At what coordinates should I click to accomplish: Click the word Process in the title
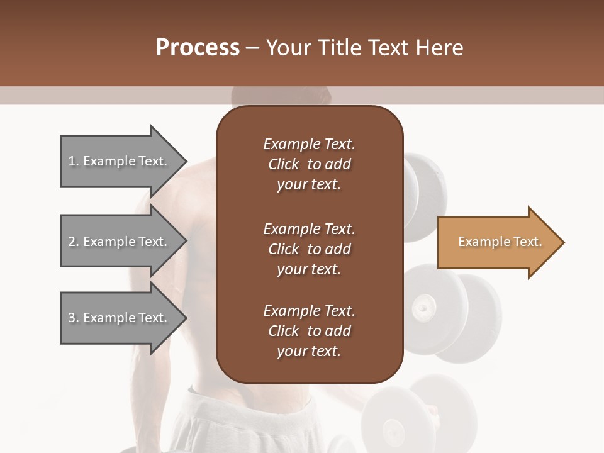pyautogui.click(x=198, y=48)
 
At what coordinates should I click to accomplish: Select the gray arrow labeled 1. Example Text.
pyautogui.click(x=120, y=161)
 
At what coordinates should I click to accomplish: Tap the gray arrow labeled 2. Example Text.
pyautogui.click(x=120, y=242)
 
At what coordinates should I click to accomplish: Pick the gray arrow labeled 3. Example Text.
pyautogui.click(x=120, y=318)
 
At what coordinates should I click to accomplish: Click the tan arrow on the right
pyautogui.click(x=497, y=242)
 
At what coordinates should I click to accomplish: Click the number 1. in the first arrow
pyautogui.click(x=73, y=161)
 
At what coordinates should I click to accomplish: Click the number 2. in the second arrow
pyautogui.click(x=73, y=242)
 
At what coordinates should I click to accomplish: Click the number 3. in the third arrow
pyautogui.click(x=73, y=318)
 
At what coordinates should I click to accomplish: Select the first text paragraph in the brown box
pyautogui.click(x=310, y=164)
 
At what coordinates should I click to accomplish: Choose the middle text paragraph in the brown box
pyautogui.click(x=310, y=249)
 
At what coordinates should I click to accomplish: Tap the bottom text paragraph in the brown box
pyautogui.click(x=310, y=331)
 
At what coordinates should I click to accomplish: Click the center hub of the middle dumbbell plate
pyautogui.click(x=423, y=308)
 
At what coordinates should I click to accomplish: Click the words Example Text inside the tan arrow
pyautogui.click(x=500, y=242)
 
